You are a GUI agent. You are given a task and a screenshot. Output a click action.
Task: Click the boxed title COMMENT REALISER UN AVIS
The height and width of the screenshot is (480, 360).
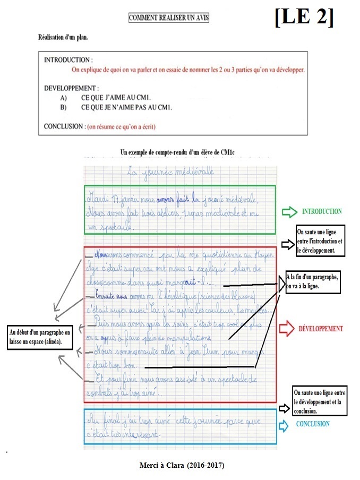[169, 18]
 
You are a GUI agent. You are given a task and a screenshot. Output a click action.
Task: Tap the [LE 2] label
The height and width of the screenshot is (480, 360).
[304, 18]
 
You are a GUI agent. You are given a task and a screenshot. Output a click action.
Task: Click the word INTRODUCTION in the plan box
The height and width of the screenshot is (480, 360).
[67, 60]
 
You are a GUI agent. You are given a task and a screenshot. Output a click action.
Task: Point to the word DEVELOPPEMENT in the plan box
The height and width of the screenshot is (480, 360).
[71, 88]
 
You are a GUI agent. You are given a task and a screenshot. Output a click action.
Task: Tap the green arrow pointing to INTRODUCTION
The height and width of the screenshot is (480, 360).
[289, 212]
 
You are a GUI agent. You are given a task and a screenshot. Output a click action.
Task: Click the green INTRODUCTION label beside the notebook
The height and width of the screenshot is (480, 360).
[322, 211]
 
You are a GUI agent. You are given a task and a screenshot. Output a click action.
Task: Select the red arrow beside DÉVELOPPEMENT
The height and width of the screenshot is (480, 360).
[287, 329]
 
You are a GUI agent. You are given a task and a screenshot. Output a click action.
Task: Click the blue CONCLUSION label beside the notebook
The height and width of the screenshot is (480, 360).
[313, 424]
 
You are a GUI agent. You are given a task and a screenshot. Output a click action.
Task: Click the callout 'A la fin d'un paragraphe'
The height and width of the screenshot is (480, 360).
[313, 281]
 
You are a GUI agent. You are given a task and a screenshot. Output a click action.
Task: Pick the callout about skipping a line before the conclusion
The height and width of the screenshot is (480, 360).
[320, 400]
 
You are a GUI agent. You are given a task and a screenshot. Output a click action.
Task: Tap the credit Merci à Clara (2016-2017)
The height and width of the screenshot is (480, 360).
[180, 465]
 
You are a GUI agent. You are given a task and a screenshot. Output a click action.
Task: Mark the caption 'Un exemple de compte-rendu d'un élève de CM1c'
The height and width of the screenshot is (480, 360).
[177, 152]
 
